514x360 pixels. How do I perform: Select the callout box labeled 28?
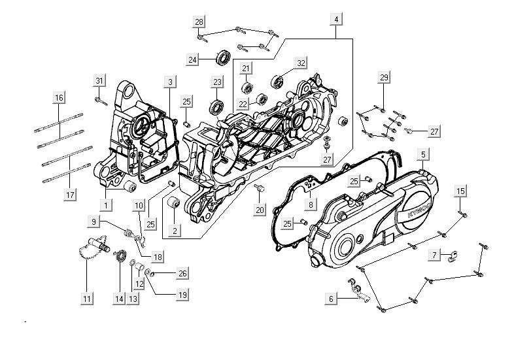coord(199,22)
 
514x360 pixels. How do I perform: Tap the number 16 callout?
coord(59,98)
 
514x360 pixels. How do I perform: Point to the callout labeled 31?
coord(99,80)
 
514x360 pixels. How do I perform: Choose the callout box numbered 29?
coord(384,78)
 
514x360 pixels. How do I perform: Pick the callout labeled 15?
coord(460,191)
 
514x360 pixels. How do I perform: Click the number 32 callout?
coord(301,63)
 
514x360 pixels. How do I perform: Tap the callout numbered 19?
coord(182,295)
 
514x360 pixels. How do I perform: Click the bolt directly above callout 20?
coord(260,189)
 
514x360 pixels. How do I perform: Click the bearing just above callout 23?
coord(216,106)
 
